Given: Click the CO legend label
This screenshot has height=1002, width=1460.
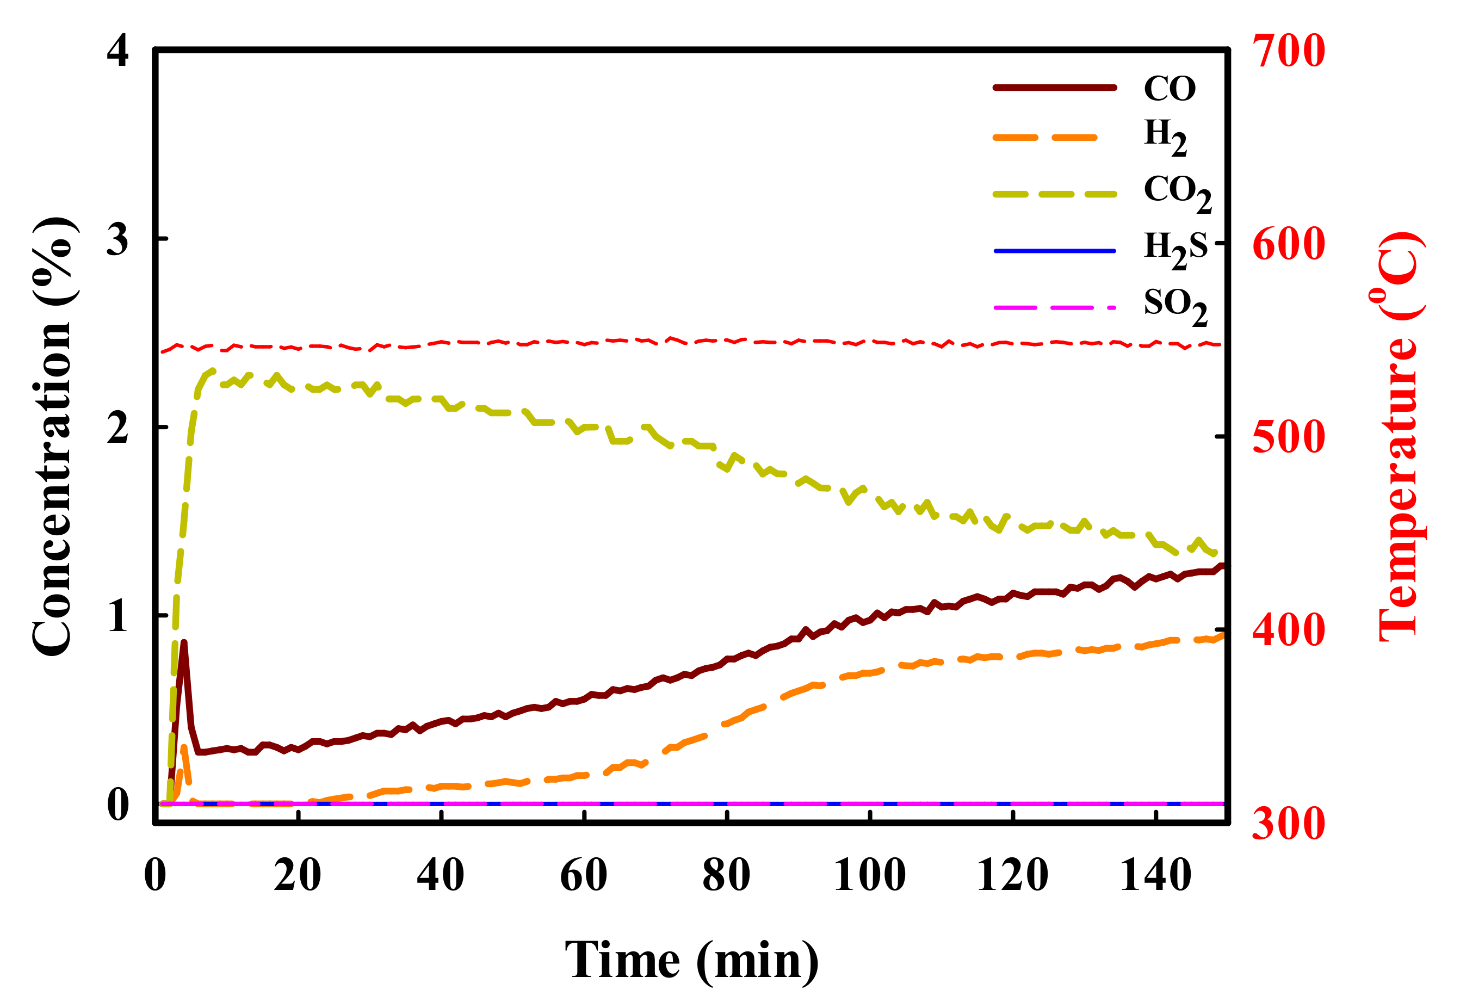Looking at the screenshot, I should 1169,89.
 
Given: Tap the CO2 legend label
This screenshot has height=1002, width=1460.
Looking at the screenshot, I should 1177,192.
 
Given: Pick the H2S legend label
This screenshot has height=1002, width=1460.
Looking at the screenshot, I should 1176,249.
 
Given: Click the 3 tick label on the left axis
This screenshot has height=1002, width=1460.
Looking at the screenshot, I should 118,239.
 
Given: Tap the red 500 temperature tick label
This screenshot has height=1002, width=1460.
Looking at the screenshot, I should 1289,437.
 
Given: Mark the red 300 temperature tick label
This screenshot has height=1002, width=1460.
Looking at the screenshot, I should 1289,824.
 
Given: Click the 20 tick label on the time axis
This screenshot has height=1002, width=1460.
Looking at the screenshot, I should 297,875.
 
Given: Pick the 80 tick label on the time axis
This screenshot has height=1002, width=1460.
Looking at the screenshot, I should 726,875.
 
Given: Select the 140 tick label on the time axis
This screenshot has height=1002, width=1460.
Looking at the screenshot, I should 1155,875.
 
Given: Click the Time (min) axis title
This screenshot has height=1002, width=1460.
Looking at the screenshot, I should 691,961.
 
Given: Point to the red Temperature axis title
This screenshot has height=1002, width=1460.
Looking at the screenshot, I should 1399,437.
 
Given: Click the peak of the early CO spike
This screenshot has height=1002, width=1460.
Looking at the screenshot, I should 183,642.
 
